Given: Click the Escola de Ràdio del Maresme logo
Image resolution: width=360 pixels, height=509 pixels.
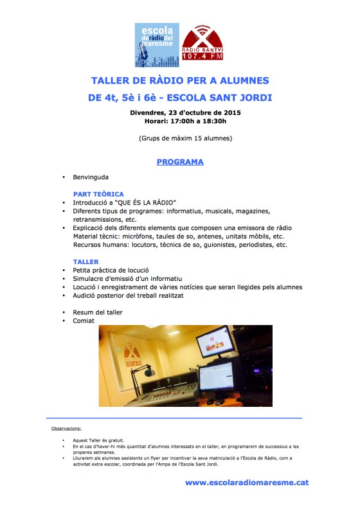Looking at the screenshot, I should [157, 45].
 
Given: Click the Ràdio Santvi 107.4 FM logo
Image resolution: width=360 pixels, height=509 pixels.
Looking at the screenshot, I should [203, 45].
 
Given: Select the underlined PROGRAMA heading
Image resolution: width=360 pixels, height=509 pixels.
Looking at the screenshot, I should [180, 162].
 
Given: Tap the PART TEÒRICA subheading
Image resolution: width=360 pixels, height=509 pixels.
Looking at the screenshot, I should [98, 193].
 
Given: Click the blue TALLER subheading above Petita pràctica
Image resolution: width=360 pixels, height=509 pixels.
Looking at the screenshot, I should [85, 262].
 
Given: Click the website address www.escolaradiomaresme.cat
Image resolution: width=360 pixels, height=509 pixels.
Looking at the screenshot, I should [247, 482].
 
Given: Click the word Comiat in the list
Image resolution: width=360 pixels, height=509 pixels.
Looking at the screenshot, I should [84, 321].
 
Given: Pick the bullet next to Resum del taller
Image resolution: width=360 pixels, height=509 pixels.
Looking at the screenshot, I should [64, 312].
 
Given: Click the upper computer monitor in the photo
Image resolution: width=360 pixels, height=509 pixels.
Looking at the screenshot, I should [214, 341].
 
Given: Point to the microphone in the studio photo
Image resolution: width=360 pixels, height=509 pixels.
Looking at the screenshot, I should [148, 372].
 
